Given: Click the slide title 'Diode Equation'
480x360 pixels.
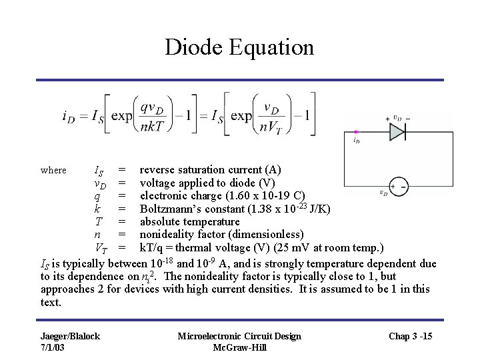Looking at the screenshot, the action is click(x=239, y=47).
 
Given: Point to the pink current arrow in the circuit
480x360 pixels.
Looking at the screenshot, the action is click(x=357, y=132).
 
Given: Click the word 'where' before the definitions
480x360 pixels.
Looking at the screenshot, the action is click(x=53, y=170).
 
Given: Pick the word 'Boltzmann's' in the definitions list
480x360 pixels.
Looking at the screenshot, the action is click(x=169, y=209).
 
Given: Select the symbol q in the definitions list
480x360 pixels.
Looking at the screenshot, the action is click(x=97, y=196).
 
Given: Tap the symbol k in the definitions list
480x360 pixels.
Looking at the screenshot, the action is click(x=97, y=209).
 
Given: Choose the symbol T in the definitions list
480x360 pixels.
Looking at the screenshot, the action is click(x=98, y=221).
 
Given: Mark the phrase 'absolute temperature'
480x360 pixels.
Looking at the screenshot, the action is click(x=189, y=221).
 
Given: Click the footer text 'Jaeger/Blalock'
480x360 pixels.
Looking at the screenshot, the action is click(x=70, y=335).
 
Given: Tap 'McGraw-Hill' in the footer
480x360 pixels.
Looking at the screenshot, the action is click(x=239, y=347).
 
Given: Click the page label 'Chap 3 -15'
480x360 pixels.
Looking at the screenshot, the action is click(x=411, y=335).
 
